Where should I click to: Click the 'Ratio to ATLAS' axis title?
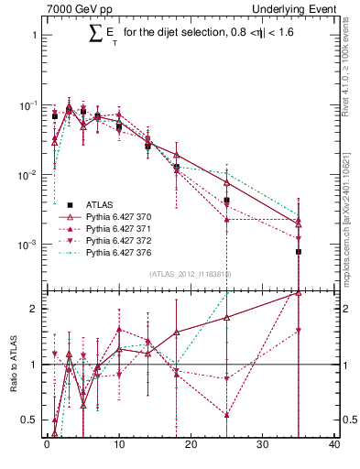click(x=12, y=364)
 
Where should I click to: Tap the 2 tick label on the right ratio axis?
click(x=345, y=309)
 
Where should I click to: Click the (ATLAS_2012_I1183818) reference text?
click(x=191, y=274)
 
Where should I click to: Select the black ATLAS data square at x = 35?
click(x=299, y=251)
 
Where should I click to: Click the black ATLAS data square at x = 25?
click(x=226, y=200)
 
